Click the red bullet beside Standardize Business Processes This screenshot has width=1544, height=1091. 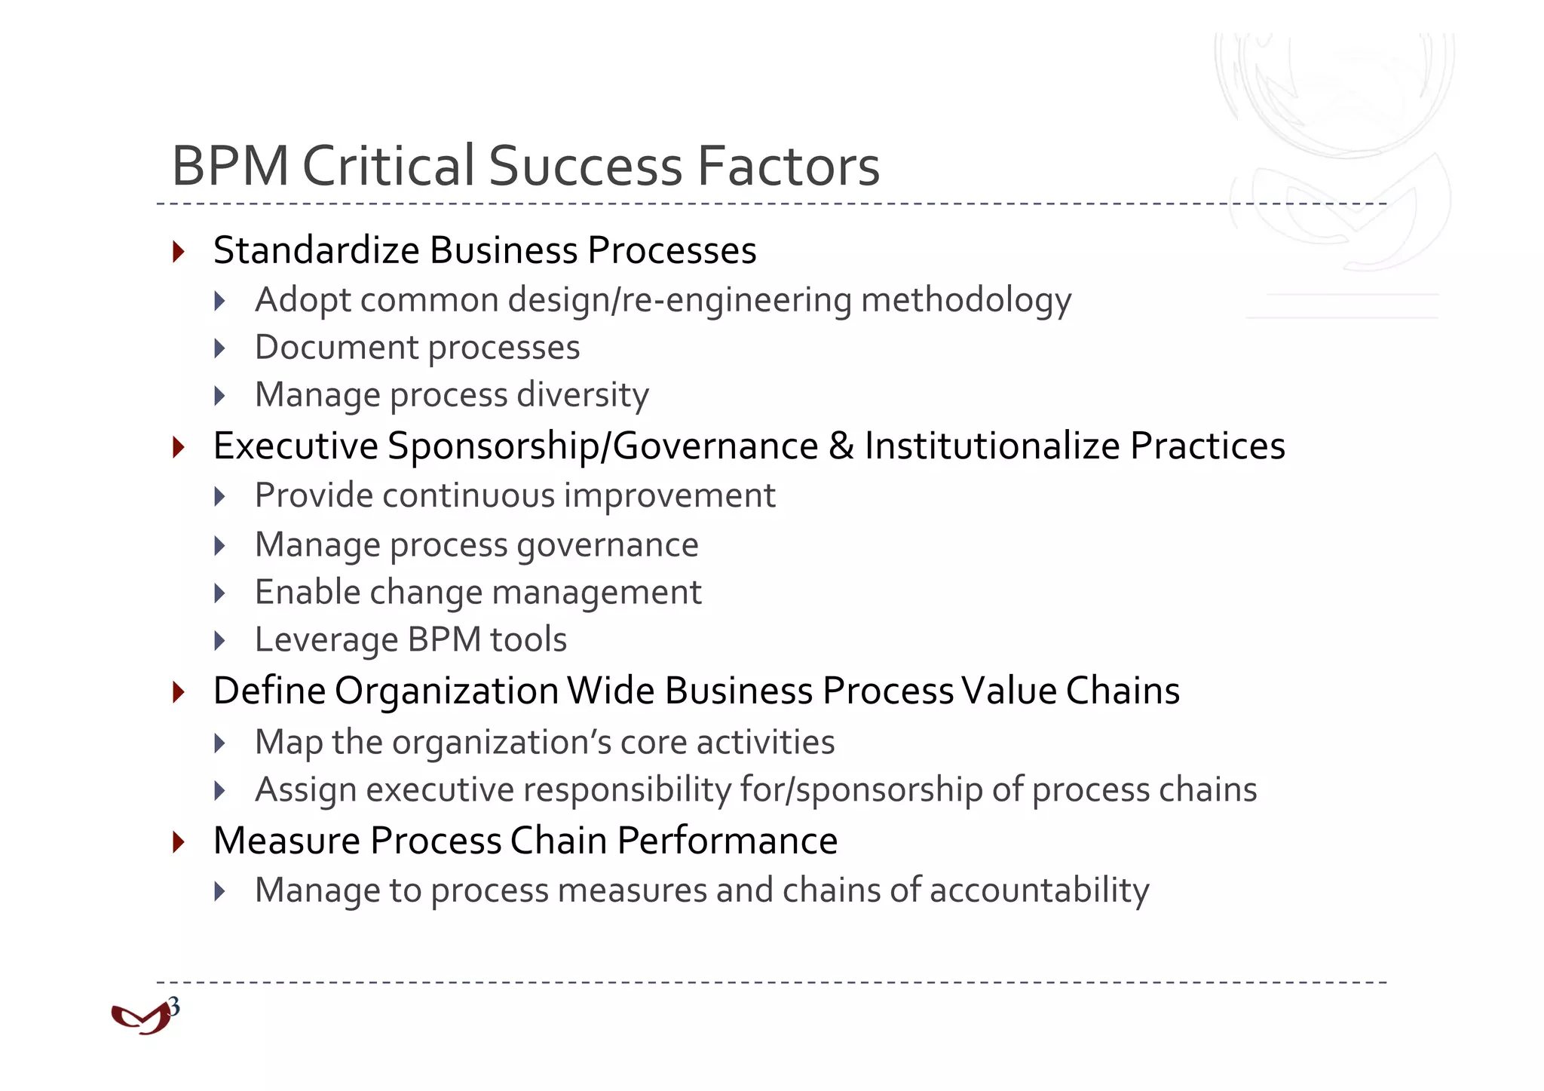pyautogui.click(x=179, y=251)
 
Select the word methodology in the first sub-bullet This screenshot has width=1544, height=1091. pyautogui.click(x=966, y=301)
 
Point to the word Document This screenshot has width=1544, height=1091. pyautogui.click(x=336, y=348)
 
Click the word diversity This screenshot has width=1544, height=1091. pyautogui.click(x=583, y=395)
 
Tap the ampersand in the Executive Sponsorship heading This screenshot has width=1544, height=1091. pyautogui.click(x=841, y=446)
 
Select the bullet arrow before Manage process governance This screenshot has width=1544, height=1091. pyautogui.click(x=220, y=545)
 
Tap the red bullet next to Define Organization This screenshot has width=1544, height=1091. pyautogui.click(x=179, y=691)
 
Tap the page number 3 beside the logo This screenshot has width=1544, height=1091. pyautogui.click(x=174, y=1007)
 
